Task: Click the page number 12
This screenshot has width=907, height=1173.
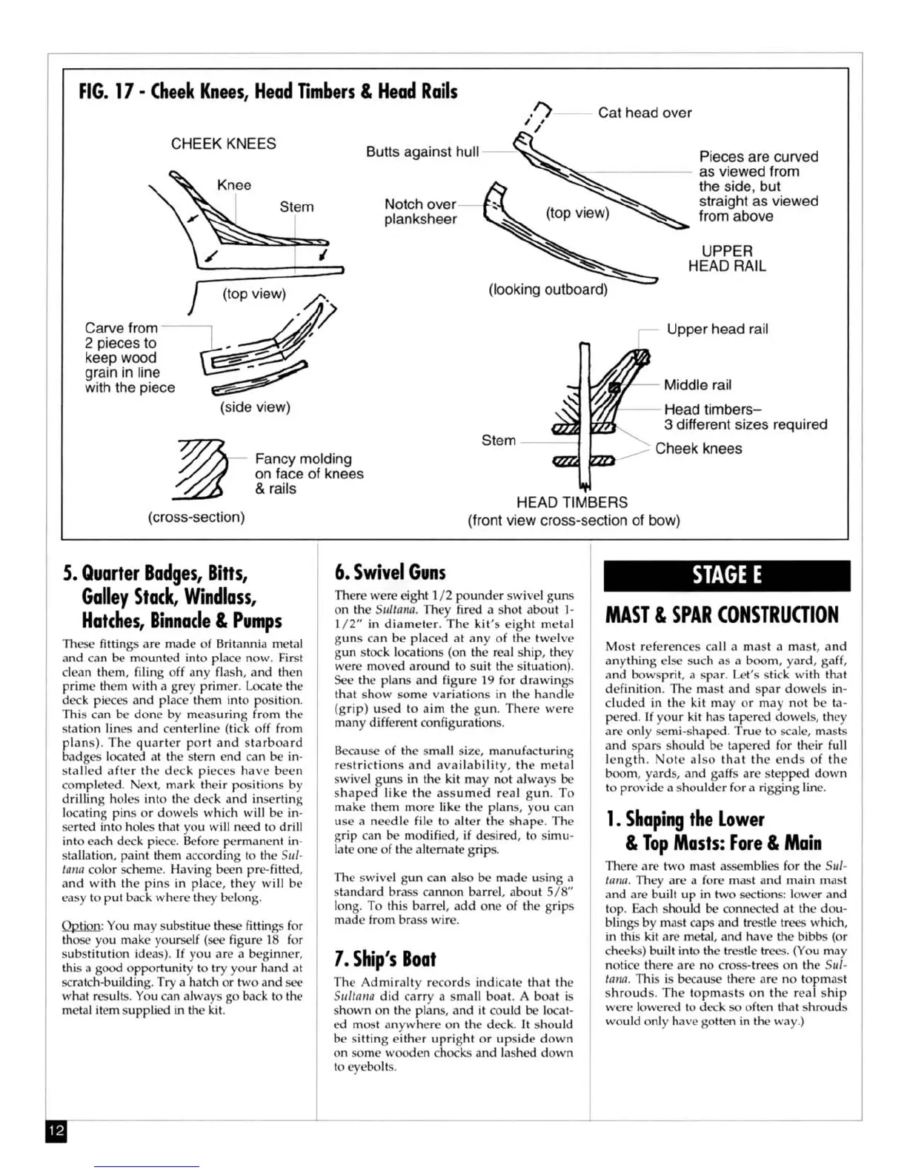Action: coord(56,1131)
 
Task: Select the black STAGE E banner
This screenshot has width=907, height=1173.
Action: coord(726,575)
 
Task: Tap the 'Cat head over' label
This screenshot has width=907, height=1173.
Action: coord(644,113)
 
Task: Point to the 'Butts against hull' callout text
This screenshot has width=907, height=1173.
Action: coord(422,152)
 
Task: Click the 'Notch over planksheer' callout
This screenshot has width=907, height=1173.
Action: coord(420,211)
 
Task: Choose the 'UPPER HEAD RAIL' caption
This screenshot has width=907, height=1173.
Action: coord(726,258)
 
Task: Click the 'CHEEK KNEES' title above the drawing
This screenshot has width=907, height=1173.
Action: coord(223,144)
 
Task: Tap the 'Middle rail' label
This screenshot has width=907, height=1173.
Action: coord(697,384)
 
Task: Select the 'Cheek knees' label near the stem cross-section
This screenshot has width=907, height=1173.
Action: coord(698,448)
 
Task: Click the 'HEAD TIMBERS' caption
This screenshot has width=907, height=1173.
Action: coord(572,502)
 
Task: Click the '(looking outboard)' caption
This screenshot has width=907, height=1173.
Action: coord(548,290)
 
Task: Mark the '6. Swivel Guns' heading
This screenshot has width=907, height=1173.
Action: coord(391,572)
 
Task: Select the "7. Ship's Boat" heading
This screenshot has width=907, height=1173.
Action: coord(385,959)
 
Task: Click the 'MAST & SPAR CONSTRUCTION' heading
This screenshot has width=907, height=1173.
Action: coord(722,615)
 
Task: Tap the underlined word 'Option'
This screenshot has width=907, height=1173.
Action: coord(82,926)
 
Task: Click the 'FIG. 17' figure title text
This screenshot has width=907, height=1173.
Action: coord(268,92)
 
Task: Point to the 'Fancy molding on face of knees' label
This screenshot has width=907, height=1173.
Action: coord(309,473)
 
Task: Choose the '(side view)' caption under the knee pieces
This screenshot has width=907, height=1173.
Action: coord(255,407)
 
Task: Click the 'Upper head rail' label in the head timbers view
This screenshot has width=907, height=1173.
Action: coord(717,329)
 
